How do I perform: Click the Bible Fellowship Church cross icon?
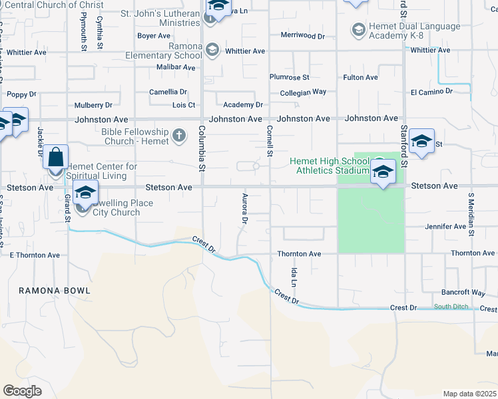(178, 136)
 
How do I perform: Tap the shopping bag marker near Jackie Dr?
(56, 158)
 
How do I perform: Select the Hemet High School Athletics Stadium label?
(329, 166)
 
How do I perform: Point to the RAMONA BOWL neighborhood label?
(55, 291)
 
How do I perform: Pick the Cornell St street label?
(270, 141)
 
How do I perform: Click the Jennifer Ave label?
(445, 227)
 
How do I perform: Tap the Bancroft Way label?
(463, 293)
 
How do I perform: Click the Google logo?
(23, 390)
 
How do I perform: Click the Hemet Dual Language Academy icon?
(358, 31)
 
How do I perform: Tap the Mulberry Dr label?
(93, 105)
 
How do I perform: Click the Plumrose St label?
(290, 78)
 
